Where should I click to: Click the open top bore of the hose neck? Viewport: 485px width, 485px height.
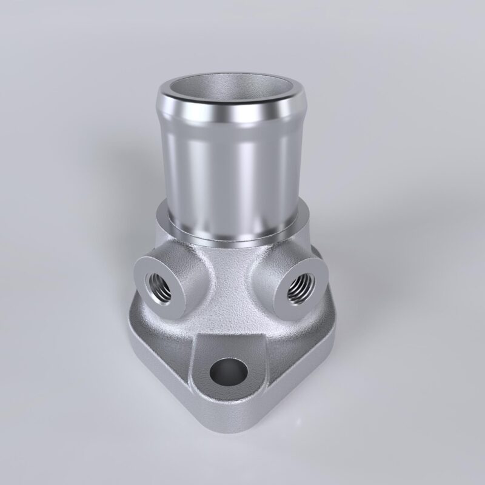[234, 89]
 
